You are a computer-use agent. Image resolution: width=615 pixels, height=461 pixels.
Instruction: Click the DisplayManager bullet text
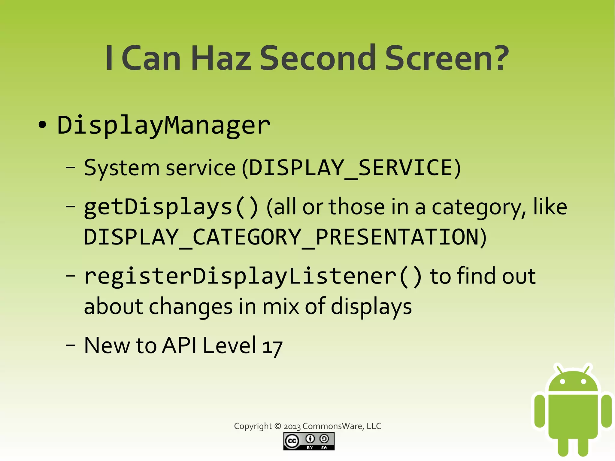(164, 126)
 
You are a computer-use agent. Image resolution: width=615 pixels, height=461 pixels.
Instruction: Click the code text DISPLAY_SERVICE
(351, 168)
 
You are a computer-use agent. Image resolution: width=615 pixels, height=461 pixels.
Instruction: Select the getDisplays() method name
(171, 207)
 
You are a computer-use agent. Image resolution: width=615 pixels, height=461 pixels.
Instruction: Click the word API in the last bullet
(180, 345)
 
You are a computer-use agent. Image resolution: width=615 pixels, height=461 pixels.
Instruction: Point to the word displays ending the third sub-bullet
(371, 307)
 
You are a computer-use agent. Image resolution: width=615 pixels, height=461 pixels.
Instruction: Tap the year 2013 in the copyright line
(292, 426)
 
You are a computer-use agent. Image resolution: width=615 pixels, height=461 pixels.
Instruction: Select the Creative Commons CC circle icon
(292, 441)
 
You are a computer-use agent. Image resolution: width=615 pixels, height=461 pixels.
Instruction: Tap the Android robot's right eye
(583, 382)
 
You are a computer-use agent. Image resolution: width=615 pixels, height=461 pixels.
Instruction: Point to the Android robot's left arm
(540, 411)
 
